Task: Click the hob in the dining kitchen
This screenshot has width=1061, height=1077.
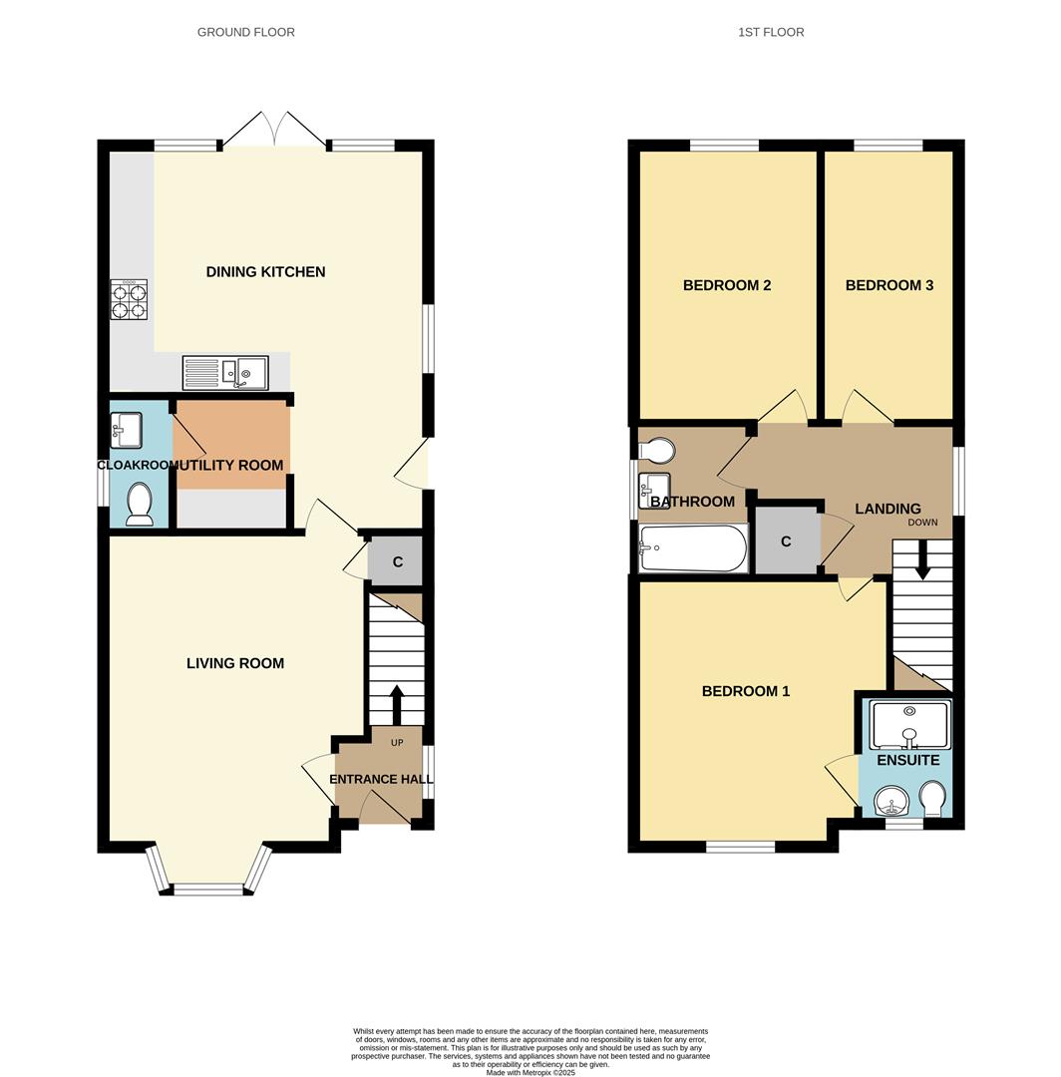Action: [x=129, y=300]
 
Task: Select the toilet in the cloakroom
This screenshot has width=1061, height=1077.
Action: [x=139, y=503]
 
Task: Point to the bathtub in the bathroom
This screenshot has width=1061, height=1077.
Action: [x=693, y=548]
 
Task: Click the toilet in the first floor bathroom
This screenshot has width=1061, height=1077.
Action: [x=658, y=452]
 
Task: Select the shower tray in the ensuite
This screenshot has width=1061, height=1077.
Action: [x=909, y=725]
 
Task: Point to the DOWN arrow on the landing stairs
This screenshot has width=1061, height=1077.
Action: [x=922, y=559]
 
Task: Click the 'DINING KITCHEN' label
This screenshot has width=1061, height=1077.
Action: [x=265, y=272]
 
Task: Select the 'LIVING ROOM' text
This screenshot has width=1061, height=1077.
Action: [x=235, y=663]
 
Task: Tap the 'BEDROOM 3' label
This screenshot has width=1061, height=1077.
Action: [x=888, y=285]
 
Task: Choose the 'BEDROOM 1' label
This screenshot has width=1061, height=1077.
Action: [x=746, y=691]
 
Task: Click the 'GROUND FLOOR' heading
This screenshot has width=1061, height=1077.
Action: [x=245, y=32]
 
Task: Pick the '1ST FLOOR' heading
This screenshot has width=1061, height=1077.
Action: [x=771, y=32]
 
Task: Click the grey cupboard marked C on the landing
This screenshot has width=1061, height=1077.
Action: [x=787, y=540]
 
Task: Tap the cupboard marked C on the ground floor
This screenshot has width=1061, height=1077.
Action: [x=396, y=562]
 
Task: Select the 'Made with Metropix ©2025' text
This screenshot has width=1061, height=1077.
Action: [x=530, y=1072]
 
